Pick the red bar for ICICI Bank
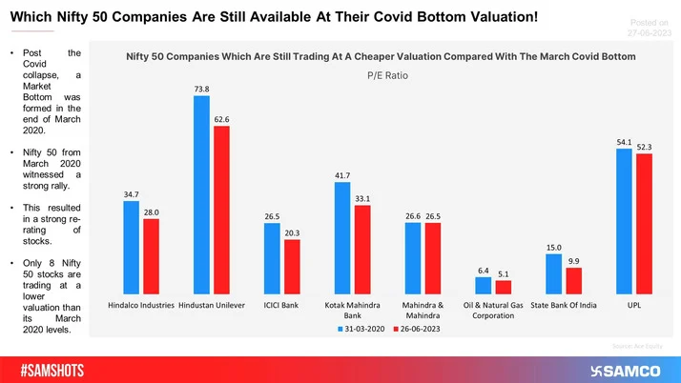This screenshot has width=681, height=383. pyautogui.click(x=292, y=267)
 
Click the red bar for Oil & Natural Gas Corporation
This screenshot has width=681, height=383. pyautogui.click(x=504, y=287)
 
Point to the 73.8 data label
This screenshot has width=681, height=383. pyautogui.click(x=200, y=89)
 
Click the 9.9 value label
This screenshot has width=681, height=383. pyautogui.click(x=574, y=260)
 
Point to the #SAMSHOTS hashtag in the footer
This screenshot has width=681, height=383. pyautogui.click(x=58, y=367)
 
